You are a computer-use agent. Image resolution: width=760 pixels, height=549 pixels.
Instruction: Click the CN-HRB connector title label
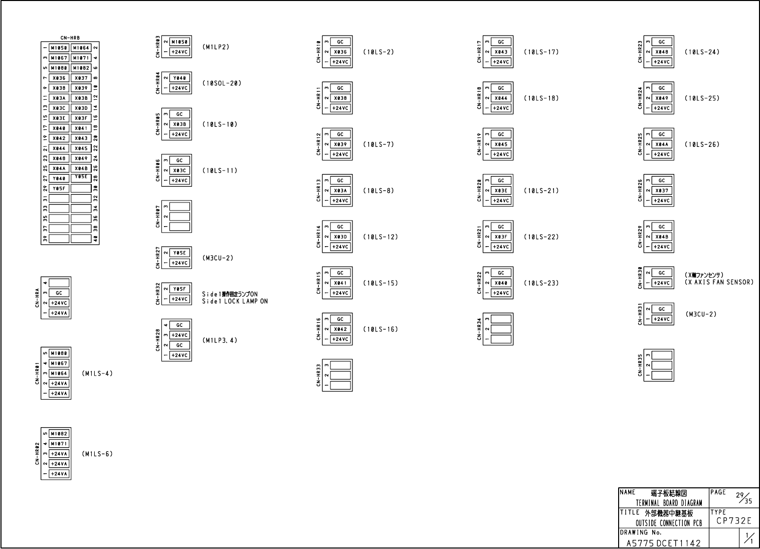[70, 38]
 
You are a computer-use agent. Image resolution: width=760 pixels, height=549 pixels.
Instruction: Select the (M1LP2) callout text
[216, 47]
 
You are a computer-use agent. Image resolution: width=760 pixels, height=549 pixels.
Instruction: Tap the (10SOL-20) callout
[222, 83]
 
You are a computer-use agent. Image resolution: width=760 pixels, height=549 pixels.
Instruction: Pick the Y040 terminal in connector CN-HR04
[179, 78]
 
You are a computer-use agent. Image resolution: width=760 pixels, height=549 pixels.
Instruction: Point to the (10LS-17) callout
[541, 52]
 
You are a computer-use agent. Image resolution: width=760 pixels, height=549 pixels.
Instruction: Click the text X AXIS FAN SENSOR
[719, 282]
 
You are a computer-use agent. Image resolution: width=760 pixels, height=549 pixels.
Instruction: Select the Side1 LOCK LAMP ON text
[235, 301]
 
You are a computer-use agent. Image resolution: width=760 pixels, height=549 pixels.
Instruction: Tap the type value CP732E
[734, 521]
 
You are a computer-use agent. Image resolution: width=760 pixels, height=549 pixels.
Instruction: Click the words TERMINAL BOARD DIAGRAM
[669, 503]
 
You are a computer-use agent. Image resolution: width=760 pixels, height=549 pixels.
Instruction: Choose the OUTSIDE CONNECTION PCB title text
[669, 523]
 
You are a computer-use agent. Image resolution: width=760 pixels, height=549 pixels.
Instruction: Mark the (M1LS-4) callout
[97, 374]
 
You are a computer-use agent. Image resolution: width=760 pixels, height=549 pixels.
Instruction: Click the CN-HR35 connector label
[640, 365]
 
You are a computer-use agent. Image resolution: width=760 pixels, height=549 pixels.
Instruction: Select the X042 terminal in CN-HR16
[340, 329]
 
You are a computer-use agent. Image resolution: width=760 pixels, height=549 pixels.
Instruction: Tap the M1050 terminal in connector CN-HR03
[179, 42]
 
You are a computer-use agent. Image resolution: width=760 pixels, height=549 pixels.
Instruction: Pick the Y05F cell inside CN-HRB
[59, 189]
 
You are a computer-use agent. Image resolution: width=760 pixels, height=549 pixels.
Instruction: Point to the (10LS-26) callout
[702, 144]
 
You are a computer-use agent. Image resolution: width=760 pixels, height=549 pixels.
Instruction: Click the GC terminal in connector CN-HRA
[59, 293]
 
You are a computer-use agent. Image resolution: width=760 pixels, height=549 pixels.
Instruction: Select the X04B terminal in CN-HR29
[662, 237]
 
